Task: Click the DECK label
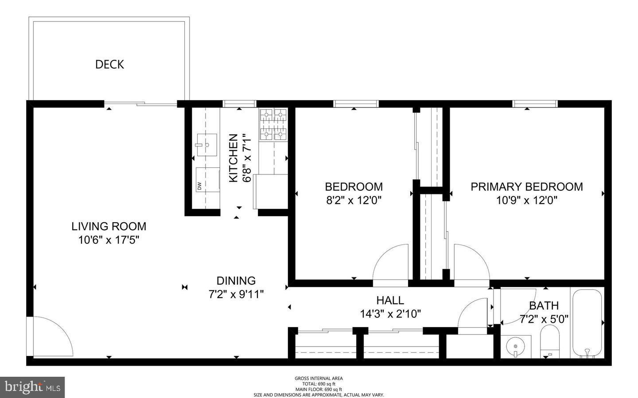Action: tap(109, 65)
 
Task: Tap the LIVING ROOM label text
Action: tap(109, 226)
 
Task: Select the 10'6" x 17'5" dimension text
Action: tap(109, 240)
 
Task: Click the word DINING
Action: tap(236, 281)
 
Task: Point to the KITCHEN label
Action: tap(233, 158)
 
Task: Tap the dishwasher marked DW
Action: tap(207, 180)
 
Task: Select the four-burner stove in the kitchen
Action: tap(273, 124)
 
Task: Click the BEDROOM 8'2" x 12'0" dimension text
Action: tap(354, 200)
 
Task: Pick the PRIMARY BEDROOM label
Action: tap(526, 186)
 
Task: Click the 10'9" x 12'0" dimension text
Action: tap(526, 200)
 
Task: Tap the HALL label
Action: tap(390, 300)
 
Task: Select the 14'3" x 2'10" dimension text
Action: tap(390, 314)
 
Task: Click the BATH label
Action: tap(544, 305)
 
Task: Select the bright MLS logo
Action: tap(32, 387)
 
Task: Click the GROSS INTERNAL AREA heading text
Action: tap(319, 379)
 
